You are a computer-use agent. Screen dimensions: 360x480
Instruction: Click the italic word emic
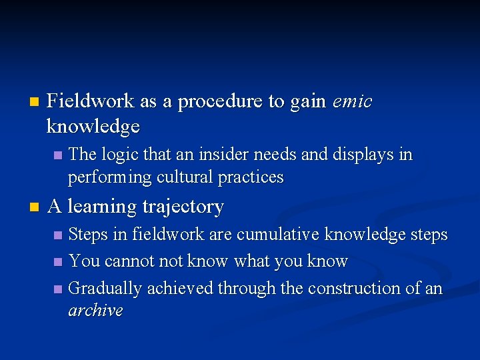coord(351,101)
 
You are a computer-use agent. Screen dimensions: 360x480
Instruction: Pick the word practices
coord(257,178)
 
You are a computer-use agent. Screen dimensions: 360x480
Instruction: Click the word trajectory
coord(183,207)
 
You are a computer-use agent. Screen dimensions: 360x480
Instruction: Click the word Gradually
coord(105,289)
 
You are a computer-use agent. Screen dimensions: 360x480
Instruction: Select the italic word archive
coord(95,311)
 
